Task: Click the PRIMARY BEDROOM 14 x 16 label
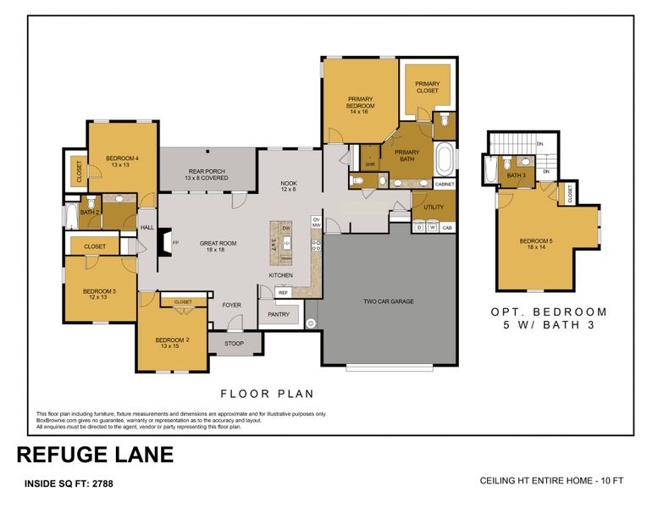pyautogui.click(x=361, y=104)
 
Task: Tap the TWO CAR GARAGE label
pyautogui.click(x=388, y=301)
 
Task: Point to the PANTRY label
pyautogui.click(x=279, y=315)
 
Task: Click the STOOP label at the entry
pyautogui.click(x=232, y=344)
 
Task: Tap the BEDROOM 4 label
pyautogui.click(x=122, y=162)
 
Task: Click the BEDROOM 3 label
pyautogui.click(x=99, y=294)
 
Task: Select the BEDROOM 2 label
pyautogui.click(x=169, y=342)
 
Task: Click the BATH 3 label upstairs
pyautogui.click(x=516, y=176)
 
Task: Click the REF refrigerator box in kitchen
pyautogui.click(x=284, y=292)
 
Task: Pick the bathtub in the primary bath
pyautogui.click(x=445, y=158)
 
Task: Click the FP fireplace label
pyautogui.click(x=175, y=243)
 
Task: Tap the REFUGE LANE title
pyautogui.click(x=95, y=455)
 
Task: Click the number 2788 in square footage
pyautogui.click(x=102, y=484)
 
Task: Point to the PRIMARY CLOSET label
pyautogui.click(x=427, y=87)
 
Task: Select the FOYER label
pyautogui.click(x=231, y=305)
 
